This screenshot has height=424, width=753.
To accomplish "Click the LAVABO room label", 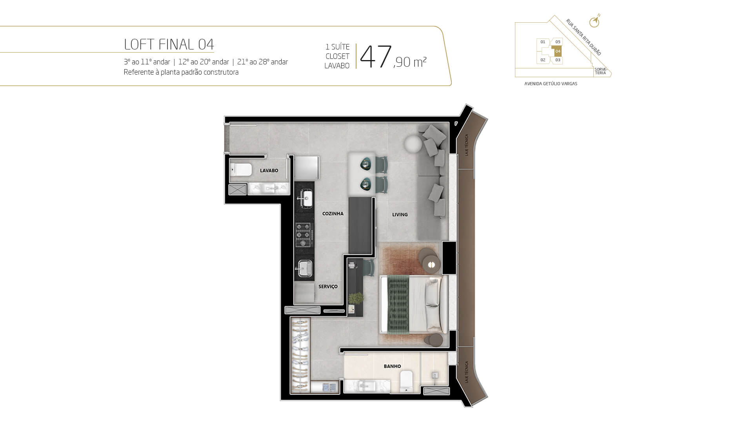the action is click(269, 170).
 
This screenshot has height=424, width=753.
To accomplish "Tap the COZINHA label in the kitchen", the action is click(333, 214).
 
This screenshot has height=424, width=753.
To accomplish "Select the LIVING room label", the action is click(400, 214).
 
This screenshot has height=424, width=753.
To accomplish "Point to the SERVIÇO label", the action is click(328, 287).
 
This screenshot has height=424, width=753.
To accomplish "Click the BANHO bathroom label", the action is click(392, 366).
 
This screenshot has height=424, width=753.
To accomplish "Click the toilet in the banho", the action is click(406, 381).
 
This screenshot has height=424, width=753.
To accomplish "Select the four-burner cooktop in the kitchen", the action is click(304, 235).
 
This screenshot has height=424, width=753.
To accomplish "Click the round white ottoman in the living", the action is click(413, 144).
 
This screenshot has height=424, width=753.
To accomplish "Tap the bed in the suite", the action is click(414, 305).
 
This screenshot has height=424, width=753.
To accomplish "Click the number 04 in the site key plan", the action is click(558, 51).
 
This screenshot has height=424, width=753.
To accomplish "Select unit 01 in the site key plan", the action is click(543, 42).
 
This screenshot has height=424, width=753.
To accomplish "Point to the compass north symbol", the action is click(595, 21).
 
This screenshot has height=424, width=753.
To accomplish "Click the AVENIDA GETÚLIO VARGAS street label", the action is click(551, 84).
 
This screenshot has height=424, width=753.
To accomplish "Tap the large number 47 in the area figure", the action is click(376, 57).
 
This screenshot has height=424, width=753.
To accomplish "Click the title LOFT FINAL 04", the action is click(169, 44).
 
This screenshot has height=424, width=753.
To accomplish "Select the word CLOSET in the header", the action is click(337, 57).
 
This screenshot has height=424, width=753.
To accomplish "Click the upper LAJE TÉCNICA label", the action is click(467, 145).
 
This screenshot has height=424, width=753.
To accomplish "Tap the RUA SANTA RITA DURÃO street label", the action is click(583, 37).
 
